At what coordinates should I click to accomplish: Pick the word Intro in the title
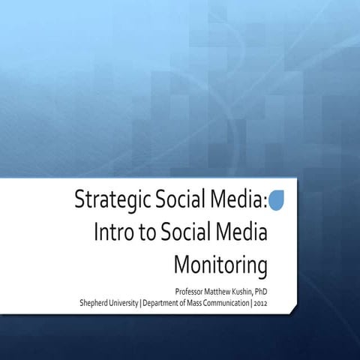point(113,233)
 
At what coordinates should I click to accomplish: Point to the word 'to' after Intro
point(148,234)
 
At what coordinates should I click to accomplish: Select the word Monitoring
point(220,265)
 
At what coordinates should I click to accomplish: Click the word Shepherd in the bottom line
point(96,303)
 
